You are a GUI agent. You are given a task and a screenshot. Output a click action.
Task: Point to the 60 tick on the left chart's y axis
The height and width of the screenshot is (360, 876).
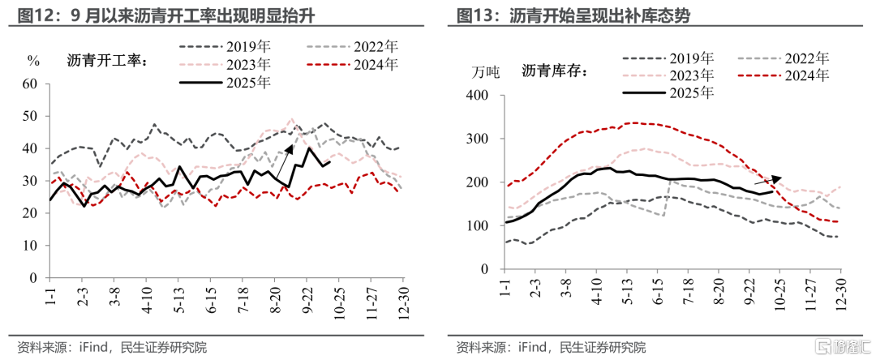[x=30, y=84]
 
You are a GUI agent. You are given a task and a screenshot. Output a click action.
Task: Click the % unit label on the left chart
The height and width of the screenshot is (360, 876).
[x=33, y=60]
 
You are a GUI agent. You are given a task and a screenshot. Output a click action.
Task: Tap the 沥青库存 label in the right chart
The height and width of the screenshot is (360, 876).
[x=556, y=71]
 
